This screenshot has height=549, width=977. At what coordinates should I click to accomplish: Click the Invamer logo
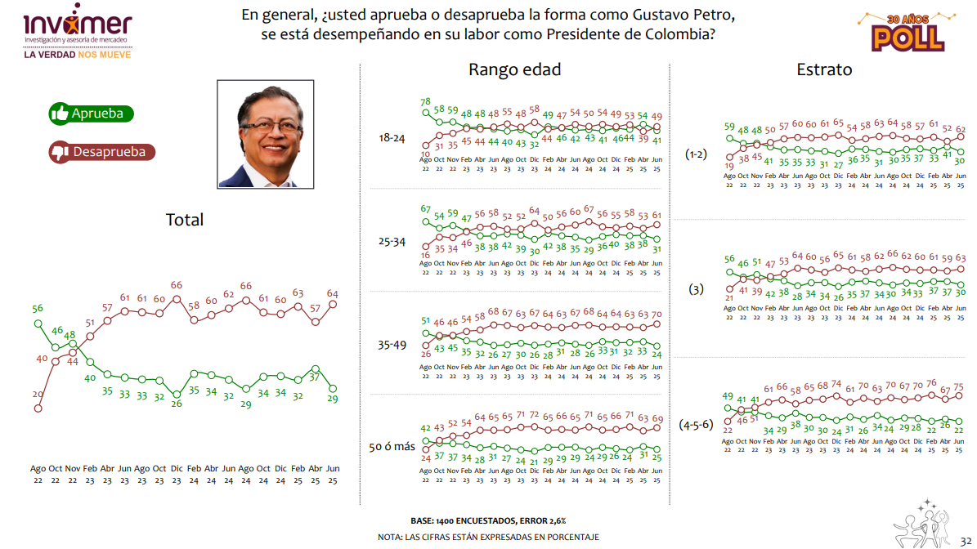pyautogui.click(x=78, y=29)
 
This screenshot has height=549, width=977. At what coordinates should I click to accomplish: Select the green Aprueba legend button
pyautogui.click(x=91, y=114)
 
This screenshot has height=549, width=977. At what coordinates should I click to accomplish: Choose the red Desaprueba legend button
pyautogui.click(x=101, y=151)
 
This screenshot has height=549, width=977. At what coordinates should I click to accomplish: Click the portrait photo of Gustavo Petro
pyautogui.click(x=266, y=134)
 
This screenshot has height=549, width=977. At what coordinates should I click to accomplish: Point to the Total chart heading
pyautogui.click(x=185, y=219)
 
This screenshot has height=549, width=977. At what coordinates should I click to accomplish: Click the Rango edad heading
pyautogui.click(x=514, y=69)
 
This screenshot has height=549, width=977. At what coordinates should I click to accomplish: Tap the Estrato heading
pyautogui.click(x=824, y=69)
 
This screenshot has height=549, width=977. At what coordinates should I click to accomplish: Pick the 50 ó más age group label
pyautogui.click(x=392, y=446)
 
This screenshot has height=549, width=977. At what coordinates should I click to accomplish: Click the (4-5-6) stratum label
pyautogui.click(x=697, y=424)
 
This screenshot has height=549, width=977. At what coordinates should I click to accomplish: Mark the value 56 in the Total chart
pyautogui.click(x=38, y=308)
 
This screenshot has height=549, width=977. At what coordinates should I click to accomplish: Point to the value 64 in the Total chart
pyautogui.click(x=333, y=293)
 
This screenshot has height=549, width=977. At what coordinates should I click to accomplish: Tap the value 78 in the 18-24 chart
pyautogui.click(x=425, y=102)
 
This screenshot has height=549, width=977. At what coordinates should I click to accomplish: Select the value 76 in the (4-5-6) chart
pyautogui.click(x=931, y=383)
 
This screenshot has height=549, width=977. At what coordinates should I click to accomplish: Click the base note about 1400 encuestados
pyautogui.click(x=487, y=520)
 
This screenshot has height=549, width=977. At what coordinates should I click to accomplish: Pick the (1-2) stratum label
pyautogui.click(x=696, y=154)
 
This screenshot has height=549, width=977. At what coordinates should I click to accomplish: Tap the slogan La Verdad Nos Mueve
pyautogui.click(x=78, y=54)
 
